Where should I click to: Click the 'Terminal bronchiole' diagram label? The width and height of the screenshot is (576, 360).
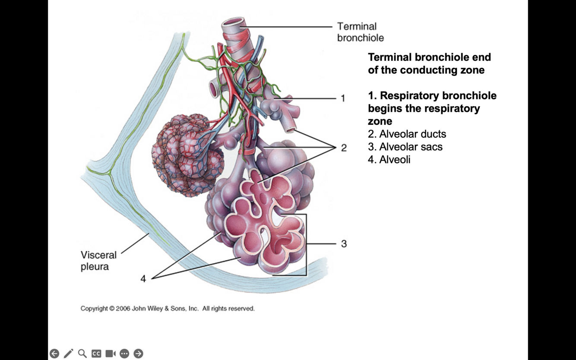tap(360, 32)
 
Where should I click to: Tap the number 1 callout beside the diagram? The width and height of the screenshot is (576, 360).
tap(343, 98)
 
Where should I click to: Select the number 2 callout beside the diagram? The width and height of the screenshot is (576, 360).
tap(344, 148)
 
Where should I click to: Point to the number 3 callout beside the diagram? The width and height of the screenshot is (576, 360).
tap(344, 244)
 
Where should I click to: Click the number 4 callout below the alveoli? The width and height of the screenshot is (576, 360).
tap(143, 279)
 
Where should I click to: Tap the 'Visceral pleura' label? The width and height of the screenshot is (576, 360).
tap(98, 261)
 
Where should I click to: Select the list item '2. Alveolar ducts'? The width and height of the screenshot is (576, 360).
tap(407, 134)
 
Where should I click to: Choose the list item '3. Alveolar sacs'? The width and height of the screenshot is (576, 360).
tap(405, 147)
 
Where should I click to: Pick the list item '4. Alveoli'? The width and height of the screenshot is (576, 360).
tap(389, 160)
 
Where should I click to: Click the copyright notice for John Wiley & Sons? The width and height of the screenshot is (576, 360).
tap(168, 309)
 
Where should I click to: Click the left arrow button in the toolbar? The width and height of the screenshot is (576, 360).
tap(54, 354)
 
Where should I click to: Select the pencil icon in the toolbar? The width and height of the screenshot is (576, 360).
tap(68, 354)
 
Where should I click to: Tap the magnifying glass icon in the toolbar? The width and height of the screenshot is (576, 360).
tap(82, 354)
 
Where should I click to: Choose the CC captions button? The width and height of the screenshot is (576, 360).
tap(96, 354)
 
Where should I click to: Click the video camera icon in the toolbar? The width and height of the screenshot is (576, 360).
tap(111, 354)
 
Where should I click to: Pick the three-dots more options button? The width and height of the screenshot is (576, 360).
tap(124, 354)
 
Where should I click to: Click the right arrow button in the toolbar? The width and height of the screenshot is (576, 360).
tap(138, 354)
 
